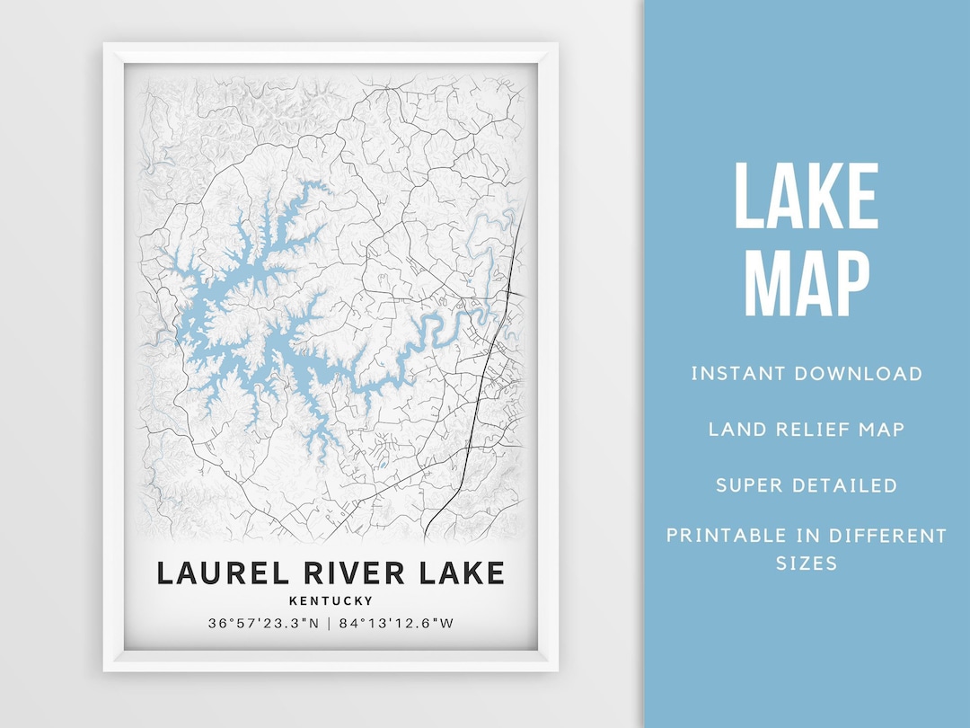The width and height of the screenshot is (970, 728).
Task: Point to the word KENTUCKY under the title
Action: tap(331, 601)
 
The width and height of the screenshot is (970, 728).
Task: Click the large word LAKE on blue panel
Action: tap(806, 198)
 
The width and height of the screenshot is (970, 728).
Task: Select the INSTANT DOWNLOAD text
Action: tap(807, 374)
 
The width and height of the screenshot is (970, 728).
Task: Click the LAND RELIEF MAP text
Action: tap(807, 429)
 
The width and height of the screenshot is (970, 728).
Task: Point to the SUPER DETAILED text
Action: tap(807, 485)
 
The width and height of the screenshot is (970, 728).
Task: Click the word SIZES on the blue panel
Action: tap(807, 564)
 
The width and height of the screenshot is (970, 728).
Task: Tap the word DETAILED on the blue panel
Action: tap(848, 485)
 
